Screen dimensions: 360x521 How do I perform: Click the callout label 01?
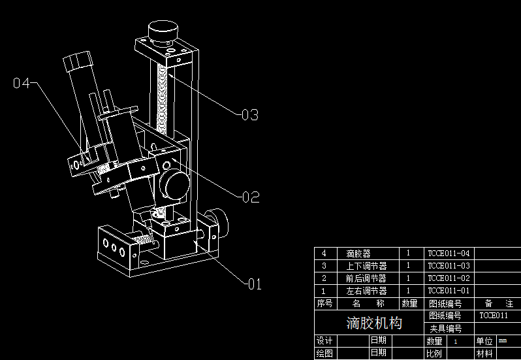(253, 284)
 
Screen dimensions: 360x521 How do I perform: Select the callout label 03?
(249, 115)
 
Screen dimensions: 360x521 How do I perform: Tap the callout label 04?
(22, 83)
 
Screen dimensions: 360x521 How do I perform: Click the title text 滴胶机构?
(374, 323)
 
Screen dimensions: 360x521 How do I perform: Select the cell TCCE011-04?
(449, 254)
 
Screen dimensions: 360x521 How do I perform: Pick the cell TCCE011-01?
(449, 291)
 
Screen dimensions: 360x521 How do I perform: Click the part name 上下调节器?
(366, 266)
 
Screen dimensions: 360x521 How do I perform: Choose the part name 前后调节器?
(366, 278)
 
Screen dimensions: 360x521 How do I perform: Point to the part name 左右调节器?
(366, 291)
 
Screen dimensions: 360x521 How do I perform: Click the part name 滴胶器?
(358, 254)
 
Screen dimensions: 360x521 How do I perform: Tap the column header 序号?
(324, 304)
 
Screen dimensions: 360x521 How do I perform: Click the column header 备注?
(499, 304)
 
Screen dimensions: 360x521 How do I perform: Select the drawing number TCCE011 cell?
(494, 316)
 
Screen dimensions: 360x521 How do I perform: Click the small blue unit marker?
(502, 340)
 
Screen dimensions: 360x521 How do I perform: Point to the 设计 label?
(324, 341)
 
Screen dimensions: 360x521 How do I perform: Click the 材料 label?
(484, 353)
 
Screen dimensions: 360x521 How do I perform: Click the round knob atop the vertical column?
(163, 31)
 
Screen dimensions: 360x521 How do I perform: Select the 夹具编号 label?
(445, 329)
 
